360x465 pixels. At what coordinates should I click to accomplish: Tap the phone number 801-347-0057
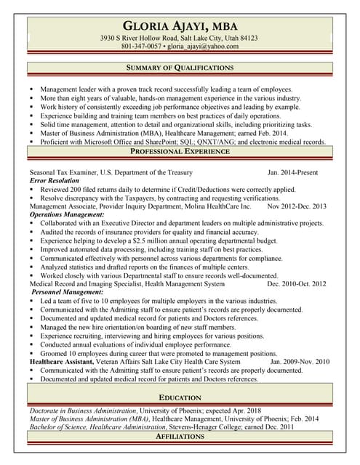point(142,46)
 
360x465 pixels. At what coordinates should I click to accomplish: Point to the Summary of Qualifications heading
point(180,68)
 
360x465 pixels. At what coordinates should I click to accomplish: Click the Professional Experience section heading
point(180,151)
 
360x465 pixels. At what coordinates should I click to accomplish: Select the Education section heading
point(180,397)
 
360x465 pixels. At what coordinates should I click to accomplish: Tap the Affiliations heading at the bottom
point(180,437)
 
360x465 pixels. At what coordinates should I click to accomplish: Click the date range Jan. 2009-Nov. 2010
point(298,361)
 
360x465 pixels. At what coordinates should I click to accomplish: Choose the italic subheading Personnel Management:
point(65,292)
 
